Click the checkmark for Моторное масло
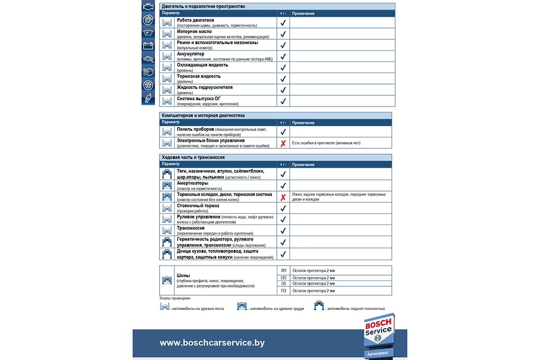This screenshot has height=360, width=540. tap(283, 34)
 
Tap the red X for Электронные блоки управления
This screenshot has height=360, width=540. tap(283, 143)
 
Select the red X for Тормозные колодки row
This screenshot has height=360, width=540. tap(283, 197)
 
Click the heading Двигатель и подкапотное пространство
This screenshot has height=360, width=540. tap(203, 6)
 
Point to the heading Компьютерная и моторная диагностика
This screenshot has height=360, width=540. tap(203, 115)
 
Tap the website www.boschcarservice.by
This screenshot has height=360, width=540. tap(212, 343)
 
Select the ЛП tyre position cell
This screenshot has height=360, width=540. tap(283, 271)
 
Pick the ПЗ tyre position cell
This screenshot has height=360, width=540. tap(283, 291)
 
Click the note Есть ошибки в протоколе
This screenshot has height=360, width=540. tap(326, 143)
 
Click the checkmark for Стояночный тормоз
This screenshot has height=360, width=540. tap(283, 208)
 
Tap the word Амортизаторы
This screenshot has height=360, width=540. tap(192, 183)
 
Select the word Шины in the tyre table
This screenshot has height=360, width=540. tap(183, 276)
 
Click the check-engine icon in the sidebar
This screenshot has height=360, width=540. tap(148, 7)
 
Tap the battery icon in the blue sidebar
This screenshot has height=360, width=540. tap(148, 46)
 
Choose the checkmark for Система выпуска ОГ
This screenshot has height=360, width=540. tap(283, 101)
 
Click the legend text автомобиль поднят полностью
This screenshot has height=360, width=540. tap(355, 308)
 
